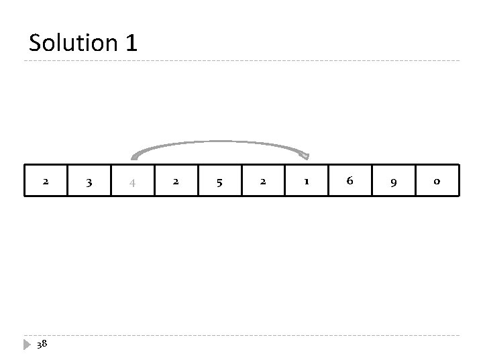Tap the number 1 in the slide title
[131, 44]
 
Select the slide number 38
[42, 344]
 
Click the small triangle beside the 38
[28, 344]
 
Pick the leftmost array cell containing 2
[46, 180]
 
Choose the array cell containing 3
[89, 180]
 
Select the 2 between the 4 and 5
[176, 180]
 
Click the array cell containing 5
[219, 180]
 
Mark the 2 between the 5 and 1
[263, 180]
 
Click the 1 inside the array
[307, 180]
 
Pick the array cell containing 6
[350, 180]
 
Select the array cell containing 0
[437, 180]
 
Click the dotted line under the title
[241, 62]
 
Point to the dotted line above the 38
[241, 335]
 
